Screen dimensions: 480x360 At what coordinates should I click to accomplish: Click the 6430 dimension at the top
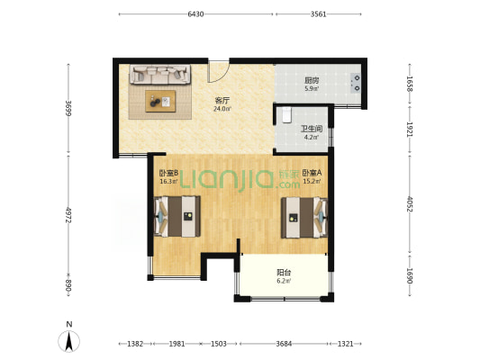point(195,14)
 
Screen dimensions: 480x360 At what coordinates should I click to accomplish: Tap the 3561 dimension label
point(319,14)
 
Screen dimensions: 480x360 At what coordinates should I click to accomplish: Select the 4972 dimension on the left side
point(68,215)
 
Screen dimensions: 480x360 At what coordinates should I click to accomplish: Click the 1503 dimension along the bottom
point(219,344)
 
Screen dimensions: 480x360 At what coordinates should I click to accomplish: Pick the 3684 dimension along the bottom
point(284,344)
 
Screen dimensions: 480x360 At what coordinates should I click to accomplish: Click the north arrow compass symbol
point(69,341)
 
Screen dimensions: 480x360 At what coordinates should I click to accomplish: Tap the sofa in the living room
point(159,74)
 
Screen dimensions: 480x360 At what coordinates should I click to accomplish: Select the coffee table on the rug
point(160,101)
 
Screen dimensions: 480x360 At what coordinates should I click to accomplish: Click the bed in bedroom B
point(177,216)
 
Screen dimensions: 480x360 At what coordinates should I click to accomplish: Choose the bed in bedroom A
point(304,217)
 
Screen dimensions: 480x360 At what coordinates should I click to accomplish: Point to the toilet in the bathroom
point(286,114)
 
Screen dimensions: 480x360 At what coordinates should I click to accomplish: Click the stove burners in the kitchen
point(356,83)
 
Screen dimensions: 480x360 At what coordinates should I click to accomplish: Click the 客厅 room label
point(222,100)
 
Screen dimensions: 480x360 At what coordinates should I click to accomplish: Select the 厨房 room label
point(312,81)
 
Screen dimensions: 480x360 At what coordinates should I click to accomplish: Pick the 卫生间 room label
point(312,129)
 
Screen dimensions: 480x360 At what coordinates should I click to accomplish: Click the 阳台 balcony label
point(284,272)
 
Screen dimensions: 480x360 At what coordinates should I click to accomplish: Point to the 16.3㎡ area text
point(168,182)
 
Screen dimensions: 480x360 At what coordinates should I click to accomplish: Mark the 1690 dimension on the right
point(410,275)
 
